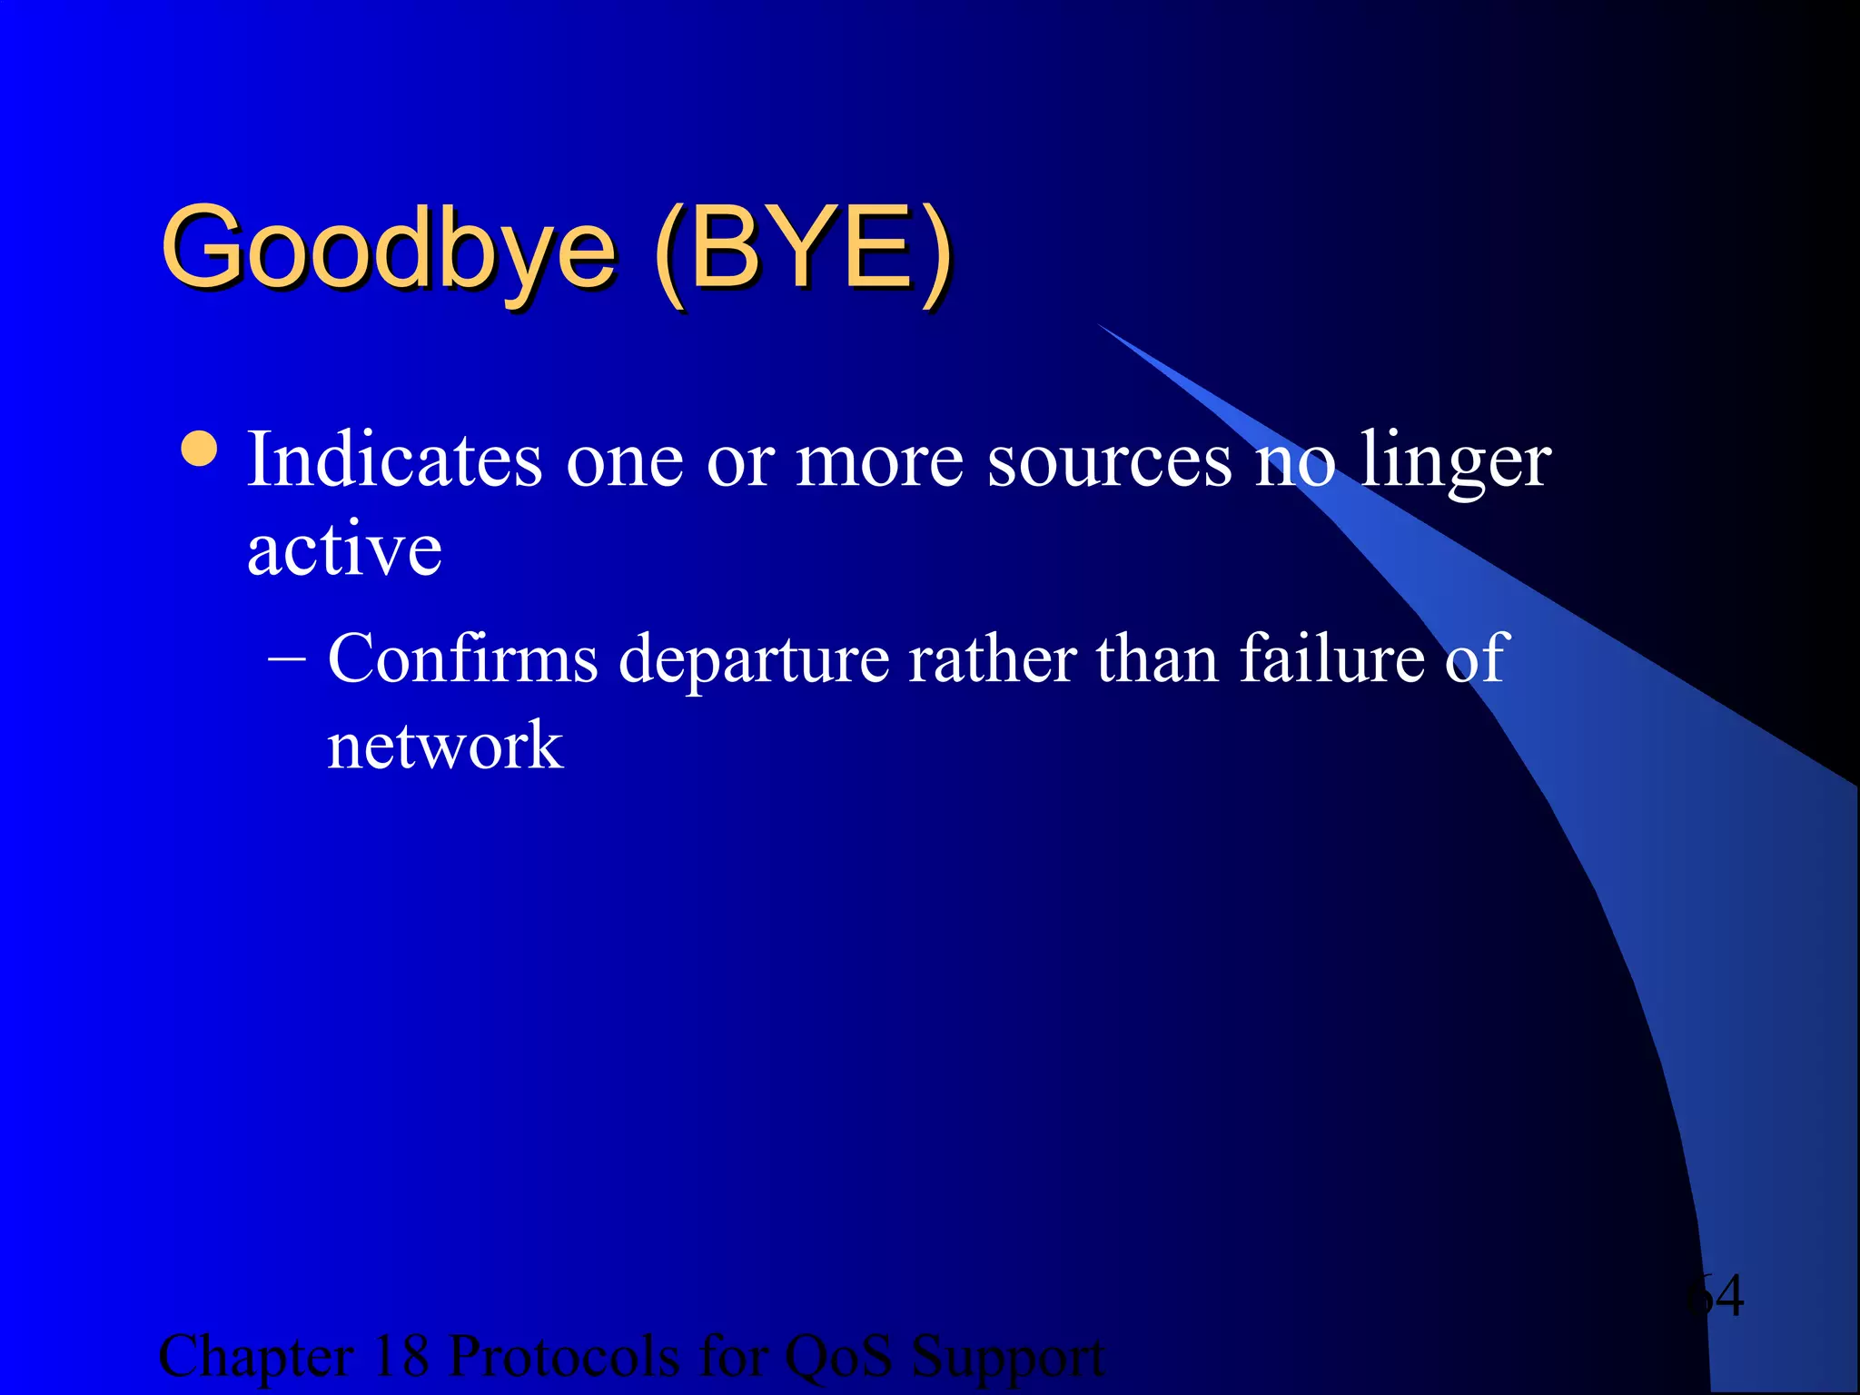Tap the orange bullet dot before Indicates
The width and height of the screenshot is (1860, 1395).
[199, 449]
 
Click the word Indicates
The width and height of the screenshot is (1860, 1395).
[394, 460]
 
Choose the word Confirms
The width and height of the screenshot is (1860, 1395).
[462, 658]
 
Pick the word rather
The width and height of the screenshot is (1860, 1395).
[993, 658]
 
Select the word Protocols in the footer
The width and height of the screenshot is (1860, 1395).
[564, 1357]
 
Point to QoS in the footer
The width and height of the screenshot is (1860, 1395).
[837, 1357]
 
